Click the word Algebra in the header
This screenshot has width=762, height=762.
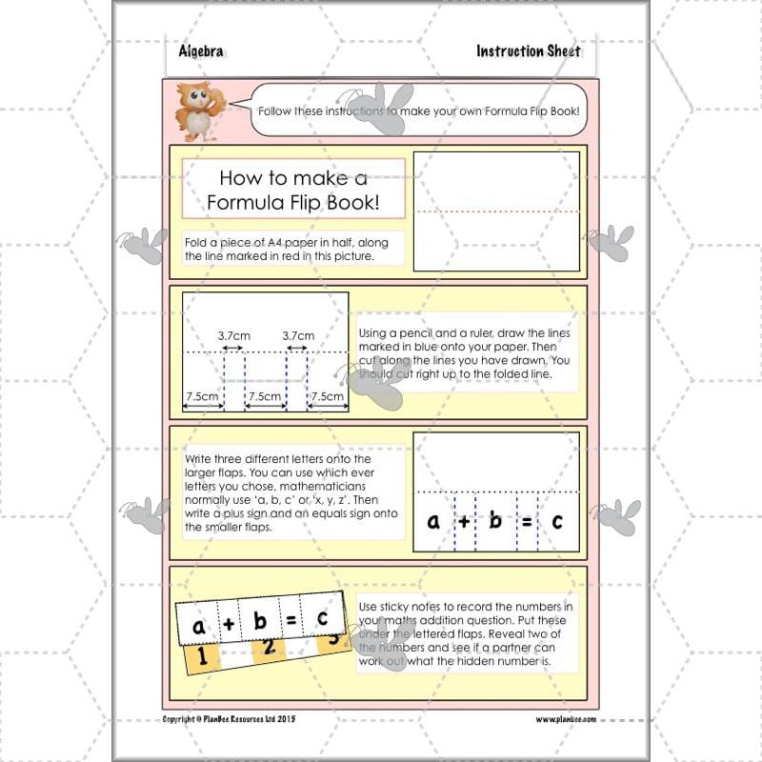pyautogui.click(x=201, y=51)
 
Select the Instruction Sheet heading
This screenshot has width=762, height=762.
pyautogui.click(x=528, y=51)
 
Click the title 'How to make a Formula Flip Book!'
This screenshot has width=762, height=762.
pyautogui.click(x=293, y=189)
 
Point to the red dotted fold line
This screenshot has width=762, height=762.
pyautogui.click(x=497, y=211)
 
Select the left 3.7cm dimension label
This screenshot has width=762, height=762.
pyautogui.click(x=233, y=335)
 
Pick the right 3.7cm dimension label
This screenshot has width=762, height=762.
pyautogui.click(x=298, y=335)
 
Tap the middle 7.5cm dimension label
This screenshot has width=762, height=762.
pyautogui.click(x=265, y=396)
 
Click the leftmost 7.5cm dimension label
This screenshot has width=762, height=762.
pyautogui.click(x=202, y=396)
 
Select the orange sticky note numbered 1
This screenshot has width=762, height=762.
pyautogui.click(x=201, y=656)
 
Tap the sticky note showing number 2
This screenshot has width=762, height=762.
pyautogui.click(x=270, y=649)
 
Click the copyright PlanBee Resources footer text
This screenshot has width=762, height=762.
pyautogui.click(x=229, y=719)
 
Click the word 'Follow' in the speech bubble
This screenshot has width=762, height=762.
pyautogui.click(x=278, y=111)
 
